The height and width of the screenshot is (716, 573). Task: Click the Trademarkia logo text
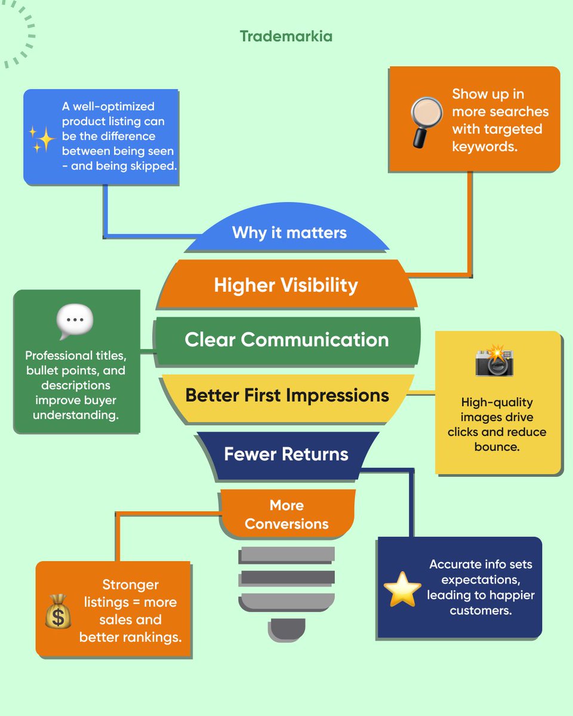pos(286,36)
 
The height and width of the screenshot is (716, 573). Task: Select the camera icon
pos(495,361)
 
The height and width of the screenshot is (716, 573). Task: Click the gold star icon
pos(402,589)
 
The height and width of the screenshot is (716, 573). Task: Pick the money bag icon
pos(58,611)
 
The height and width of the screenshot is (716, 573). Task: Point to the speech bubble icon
pos(75,322)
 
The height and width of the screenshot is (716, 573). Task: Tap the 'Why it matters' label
pos(289,232)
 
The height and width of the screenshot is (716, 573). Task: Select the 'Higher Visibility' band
pos(286,285)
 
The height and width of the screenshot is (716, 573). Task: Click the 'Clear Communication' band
pos(286,340)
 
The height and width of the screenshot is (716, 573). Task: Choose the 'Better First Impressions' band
pos(287,395)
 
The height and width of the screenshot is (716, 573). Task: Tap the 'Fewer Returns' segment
pos(286,454)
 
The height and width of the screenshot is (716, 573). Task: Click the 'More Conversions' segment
pos(286,514)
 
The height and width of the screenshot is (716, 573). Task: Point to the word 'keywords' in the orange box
pos(483,146)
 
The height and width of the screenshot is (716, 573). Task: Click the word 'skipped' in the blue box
pos(156,166)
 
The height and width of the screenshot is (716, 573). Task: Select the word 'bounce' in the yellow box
pos(497,446)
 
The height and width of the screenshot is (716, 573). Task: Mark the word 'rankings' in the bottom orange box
pos(156,637)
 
